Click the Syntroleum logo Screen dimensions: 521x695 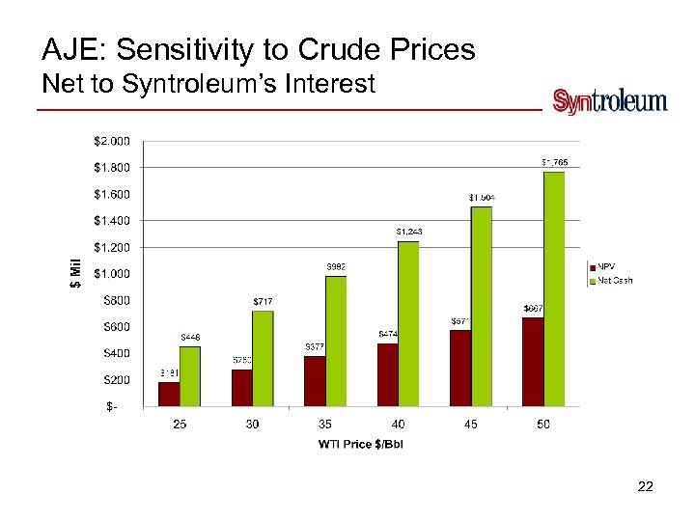click(x=609, y=101)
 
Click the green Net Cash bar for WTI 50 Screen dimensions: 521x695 click(x=554, y=289)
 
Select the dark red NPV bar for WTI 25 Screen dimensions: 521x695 click(x=169, y=394)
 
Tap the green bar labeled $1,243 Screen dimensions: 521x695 click(x=408, y=323)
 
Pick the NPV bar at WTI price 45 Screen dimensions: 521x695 click(x=460, y=368)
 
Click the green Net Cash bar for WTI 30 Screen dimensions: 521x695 click(x=263, y=358)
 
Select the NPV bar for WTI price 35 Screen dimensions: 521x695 click(x=315, y=381)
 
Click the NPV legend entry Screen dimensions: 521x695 click(x=607, y=266)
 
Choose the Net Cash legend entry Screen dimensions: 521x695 click(x=614, y=281)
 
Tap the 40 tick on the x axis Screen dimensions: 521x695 click(x=399, y=425)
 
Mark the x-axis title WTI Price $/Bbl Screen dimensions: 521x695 click(x=362, y=444)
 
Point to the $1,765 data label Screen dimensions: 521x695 click(x=554, y=162)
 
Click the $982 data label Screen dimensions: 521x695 click(x=335, y=266)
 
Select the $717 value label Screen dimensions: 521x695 click(x=263, y=301)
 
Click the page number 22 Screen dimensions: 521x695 click(x=646, y=487)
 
